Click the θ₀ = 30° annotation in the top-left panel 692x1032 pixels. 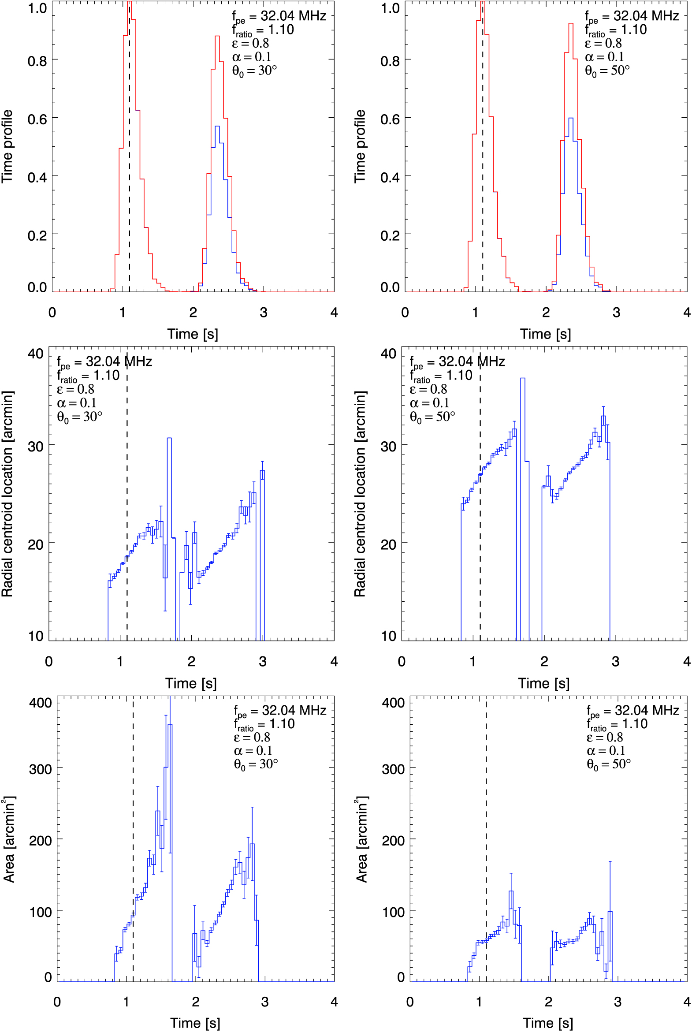pyautogui.click(x=255, y=71)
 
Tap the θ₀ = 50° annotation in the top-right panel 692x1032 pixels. pyautogui.click(x=607, y=71)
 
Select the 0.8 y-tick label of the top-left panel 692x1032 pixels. pyautogui.click(x=37, y=61)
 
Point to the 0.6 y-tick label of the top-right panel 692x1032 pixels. pyautogui.click(x=390, y=119)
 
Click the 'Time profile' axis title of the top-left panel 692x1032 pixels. pyautogui.click(x=7, y=146)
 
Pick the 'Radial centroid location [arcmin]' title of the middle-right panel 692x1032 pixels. pyautogui.click(x=360, y=493)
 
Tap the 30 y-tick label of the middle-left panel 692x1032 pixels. pyautogui.click(x=35, y=446)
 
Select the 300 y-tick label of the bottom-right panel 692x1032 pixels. pyautogui.click(x=393, y=769)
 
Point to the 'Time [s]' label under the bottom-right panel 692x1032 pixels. pyautogui.click(x=548, y=1023)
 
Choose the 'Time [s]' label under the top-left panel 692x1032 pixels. pyautogui.click(x=193, y=334)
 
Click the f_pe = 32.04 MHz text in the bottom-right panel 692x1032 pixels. pyautogui.click(x=632, y=711)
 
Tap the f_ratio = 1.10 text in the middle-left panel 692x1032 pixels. pyautogui.click(x=88, y=376)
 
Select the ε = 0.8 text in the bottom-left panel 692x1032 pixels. pyautogui.click(x=252, y=737)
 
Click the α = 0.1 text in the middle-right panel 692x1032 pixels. pyautogui.click(x=429, y=403)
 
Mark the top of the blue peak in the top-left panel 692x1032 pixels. pyautogui.click(x=217, y=126)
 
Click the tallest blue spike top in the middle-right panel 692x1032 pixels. pyautogui.click(x=523, y=378)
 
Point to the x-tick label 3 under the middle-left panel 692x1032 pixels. pyautogui.click(x=263, y=661)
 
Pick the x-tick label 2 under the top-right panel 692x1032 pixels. pyautogui.click(x=546, y=313)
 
